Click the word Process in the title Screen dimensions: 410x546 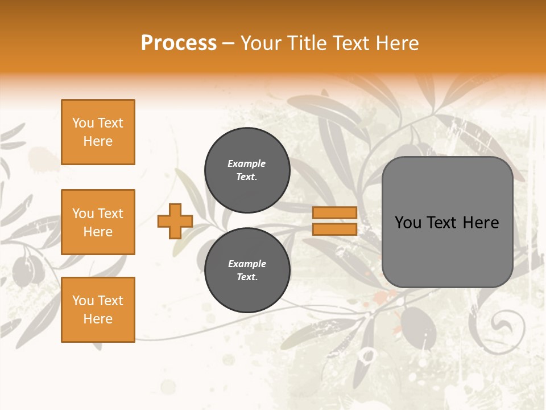coord(179,43)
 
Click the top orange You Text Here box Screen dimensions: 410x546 coord(98,132)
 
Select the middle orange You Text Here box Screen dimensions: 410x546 coord(98,222)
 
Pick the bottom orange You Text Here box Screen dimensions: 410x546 coord(98,310)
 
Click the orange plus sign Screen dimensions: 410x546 coord(175,221)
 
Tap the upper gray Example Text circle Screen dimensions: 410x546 coord(247,170)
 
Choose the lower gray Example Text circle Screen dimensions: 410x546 coord(247,270)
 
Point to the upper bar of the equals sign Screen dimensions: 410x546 coord(335,213)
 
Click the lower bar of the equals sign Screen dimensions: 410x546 coord(335,229)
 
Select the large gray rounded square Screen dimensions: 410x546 coord(447,222)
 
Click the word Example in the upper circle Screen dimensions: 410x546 coord(247,164)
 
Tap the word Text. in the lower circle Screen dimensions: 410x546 coord(247,277)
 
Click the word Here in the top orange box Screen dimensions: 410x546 coord(98,141)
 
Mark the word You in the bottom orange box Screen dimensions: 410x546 coord(83,301)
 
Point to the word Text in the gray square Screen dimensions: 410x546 coord(442,223)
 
